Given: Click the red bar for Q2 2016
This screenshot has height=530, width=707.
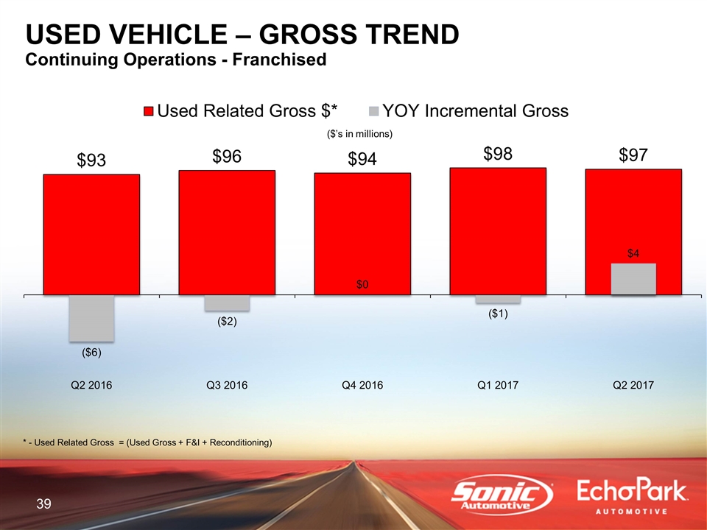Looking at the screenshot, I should (x=91, y=234).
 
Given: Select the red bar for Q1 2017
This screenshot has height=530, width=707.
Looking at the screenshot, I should (x=498, y=231).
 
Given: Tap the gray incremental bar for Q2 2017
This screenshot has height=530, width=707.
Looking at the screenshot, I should (x=633, y=279).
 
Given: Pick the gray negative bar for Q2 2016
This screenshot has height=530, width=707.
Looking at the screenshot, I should (x=91, y=318).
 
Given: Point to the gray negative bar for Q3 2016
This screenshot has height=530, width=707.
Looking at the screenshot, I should (x=227, y=303).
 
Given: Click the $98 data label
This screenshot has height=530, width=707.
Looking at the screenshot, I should (x=498, y=154).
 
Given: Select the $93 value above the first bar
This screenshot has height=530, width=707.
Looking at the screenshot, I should (x=91, y=160).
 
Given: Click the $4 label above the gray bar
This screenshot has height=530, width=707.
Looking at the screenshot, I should (x=633, y=253).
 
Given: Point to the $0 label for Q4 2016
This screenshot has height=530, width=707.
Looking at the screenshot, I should (x=362, y=285).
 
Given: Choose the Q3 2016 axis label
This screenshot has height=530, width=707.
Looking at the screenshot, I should (x=227, y=385).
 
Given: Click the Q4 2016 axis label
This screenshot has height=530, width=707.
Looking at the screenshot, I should (x=362, y=385).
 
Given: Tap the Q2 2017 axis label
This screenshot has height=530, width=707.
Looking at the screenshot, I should (x=633, y=385).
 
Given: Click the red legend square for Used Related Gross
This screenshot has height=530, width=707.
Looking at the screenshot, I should (x=149, y=111).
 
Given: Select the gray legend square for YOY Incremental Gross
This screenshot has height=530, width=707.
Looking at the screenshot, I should (x=374, y=111).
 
